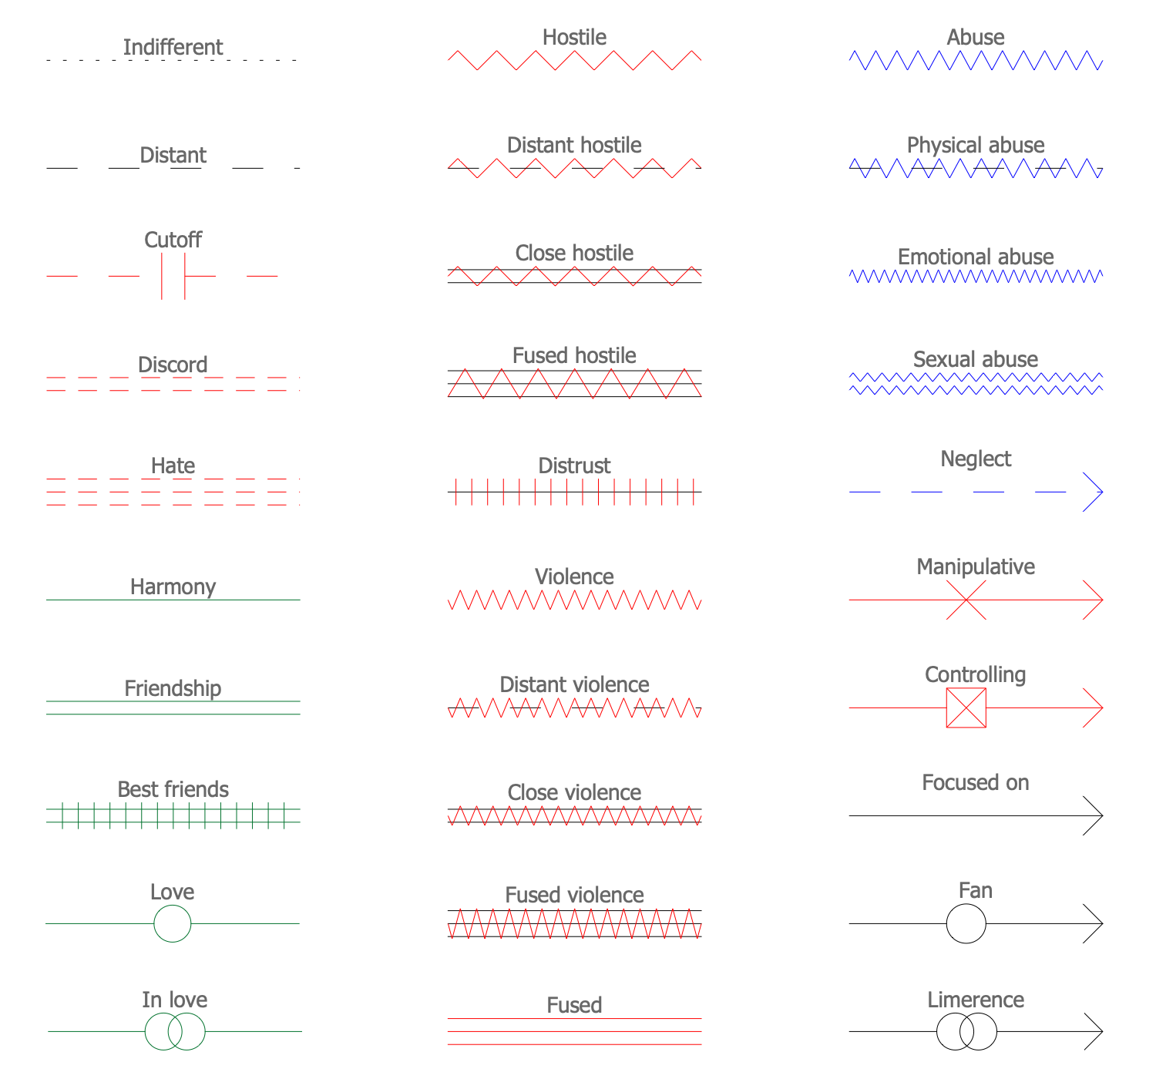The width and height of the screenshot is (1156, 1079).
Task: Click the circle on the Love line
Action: pyautogui.click(x=172, y=923)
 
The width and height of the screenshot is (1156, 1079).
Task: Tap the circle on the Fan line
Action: pyautogui.click(x=966, y=923)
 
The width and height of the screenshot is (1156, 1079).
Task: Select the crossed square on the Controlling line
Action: pyautogui.click(x=966, y=708)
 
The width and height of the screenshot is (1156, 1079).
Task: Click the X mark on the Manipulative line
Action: pyautogui.click(x=966, y=600)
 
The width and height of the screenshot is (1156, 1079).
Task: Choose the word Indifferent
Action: pyautogui.click(x=173, y=47)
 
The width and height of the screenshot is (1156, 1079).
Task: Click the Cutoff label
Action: pyautogui.click(x=173, y=240)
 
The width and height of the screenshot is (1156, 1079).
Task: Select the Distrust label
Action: pyautogui.click(x=574, y=466)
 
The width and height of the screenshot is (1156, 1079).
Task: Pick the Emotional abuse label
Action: pyautogui.click(x=976, y=257)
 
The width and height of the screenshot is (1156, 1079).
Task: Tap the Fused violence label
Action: pyautogui.click(x=574, y=895)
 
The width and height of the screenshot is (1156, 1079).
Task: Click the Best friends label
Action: pyautogui.click(x=173, y=789)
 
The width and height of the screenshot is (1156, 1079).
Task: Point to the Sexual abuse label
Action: pyautogui.click(x=976, y=359)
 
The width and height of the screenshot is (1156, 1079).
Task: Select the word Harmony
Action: pyautogui.click(x=173, y=587)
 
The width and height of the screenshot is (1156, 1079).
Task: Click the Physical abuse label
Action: pyautogui.click(x=976, y=145)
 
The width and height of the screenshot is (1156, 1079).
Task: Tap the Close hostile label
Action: pyautogui.click(x=574, y=253)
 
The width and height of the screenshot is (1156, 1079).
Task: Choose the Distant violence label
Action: pyautogui.click(x=574, y=684)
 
